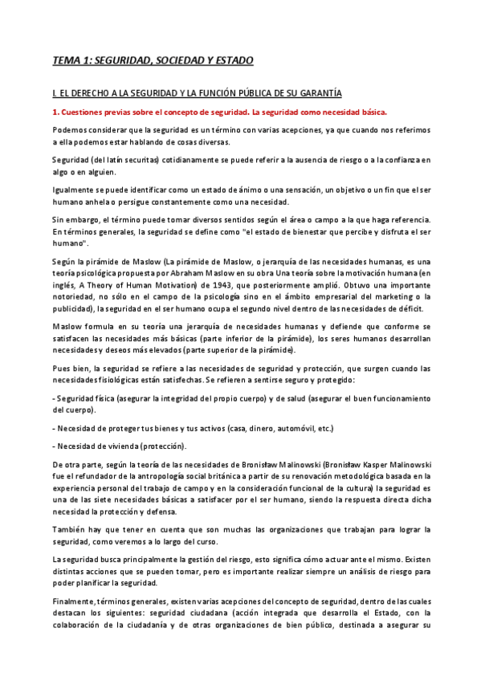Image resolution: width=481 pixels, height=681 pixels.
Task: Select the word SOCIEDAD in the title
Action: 178,60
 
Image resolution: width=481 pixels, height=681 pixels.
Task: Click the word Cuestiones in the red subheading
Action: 88,112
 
